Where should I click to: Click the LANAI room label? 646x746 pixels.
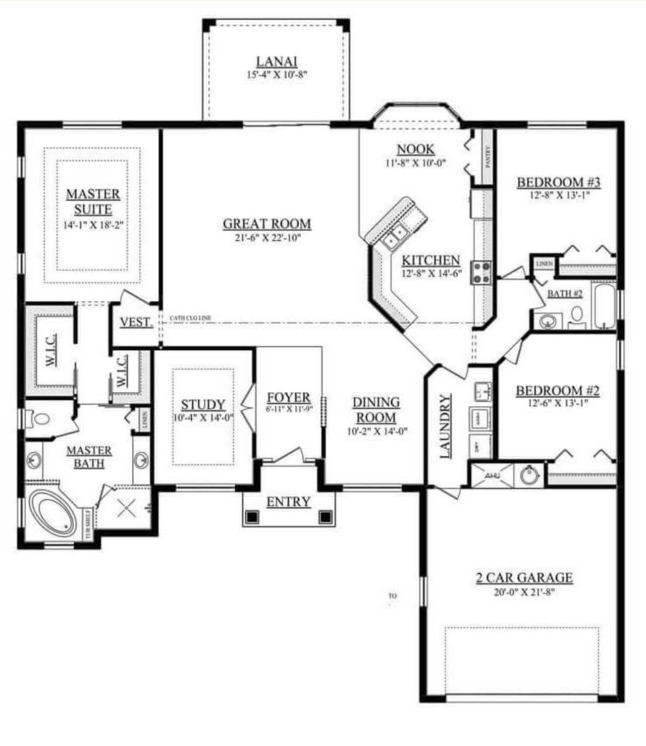(277, 62)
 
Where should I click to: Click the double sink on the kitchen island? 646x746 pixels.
(395, 235)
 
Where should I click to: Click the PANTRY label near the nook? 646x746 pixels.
(488, 156)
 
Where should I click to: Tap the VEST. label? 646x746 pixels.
(136, 322)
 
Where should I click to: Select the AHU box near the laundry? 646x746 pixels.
(492, 475)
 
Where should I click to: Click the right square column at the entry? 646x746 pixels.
(326, 516)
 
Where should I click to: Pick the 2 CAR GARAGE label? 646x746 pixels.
(524, 577)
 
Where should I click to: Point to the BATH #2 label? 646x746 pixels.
(565, 294)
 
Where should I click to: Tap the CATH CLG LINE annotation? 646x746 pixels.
(190, 318)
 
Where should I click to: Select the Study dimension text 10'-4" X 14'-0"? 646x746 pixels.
(203, 418)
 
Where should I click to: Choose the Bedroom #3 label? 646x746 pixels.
(559, 182)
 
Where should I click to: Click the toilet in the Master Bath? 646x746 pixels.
(40, 418)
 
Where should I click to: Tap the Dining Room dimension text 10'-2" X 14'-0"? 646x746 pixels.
(377, 431)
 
